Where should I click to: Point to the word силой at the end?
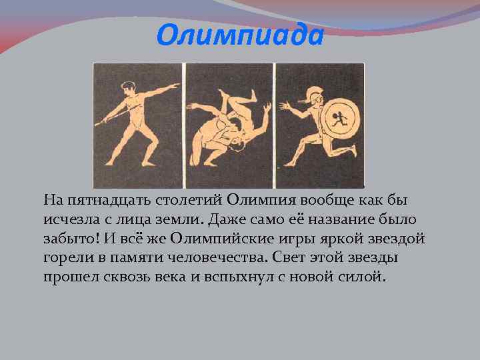363,277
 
